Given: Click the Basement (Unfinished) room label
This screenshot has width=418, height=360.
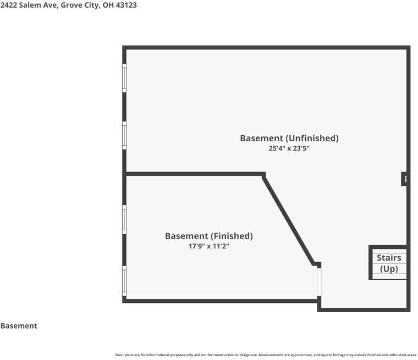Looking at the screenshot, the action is (x=289, y=139).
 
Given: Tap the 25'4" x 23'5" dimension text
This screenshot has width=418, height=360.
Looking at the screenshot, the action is (x=289, y=148).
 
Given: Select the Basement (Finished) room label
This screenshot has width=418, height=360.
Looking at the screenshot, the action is (x=209, y=236).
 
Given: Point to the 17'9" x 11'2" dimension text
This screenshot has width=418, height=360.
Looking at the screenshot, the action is (x=209, y=246).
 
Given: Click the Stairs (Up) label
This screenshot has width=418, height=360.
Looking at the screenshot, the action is (x=389, y=263).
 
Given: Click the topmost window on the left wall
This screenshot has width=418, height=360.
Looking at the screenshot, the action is (x=124, y=78).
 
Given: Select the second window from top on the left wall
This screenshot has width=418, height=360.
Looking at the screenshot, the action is (x=124, y=135).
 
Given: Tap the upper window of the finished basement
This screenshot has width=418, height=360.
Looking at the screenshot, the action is (x=124, y=219).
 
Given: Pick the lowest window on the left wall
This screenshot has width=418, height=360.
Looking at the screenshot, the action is (x=124, y=281).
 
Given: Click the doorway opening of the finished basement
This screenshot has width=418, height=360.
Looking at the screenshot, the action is (x=319, y=282).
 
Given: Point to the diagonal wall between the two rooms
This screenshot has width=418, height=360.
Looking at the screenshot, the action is (x=289, y=220).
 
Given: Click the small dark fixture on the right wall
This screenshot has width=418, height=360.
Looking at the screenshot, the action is (x=404, y=179).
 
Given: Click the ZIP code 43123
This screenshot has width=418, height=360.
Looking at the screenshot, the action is (x=126, y=5).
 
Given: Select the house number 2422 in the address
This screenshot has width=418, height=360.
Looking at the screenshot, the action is (x=9, y=5).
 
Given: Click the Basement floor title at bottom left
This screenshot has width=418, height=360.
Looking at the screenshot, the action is (x=19, y=325).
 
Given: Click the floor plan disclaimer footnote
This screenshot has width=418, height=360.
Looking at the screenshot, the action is (x=266, y=355).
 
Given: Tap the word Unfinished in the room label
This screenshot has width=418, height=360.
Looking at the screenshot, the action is (x=312, y=139).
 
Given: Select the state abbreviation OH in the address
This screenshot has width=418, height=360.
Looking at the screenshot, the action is (x=108, y=5).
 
